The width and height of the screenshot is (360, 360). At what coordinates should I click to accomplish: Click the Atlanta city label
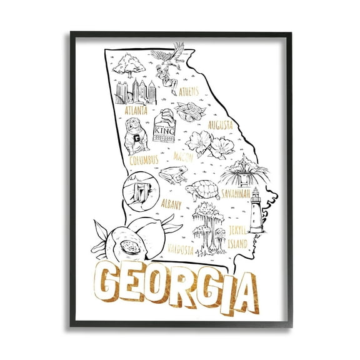point(136,110)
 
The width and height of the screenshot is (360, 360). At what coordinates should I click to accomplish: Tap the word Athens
point(189,92)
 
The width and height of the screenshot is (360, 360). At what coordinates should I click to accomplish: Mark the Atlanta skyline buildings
point(132,91)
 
